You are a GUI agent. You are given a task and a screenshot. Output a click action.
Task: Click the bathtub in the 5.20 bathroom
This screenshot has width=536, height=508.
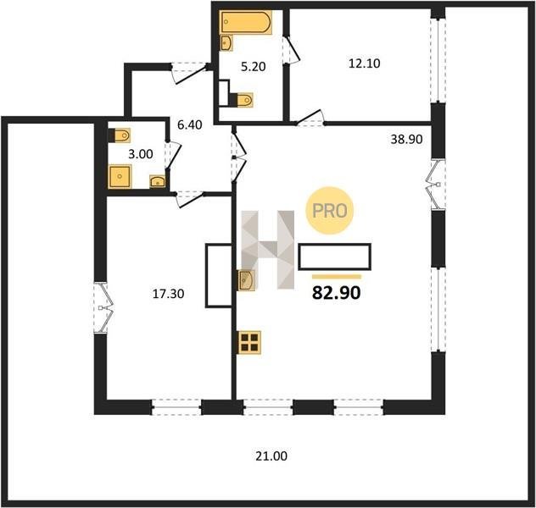pyautogui.click(x=246, y=22)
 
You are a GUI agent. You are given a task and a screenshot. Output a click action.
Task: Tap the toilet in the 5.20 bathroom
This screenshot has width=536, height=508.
pyautogui.click(x=243, y=100)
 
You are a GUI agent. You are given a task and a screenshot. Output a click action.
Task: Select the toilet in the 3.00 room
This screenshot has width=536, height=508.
pyautogui.click(x=120, y=135)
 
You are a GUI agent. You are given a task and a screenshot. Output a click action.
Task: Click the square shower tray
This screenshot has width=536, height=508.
pyautogui.click(x=120, y=176)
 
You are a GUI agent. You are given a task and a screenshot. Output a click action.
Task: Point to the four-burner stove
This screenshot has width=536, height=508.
pyautogui.click(x=249, y=343)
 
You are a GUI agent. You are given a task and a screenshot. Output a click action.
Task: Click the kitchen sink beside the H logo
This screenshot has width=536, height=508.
pyautogui.click(x=247, y=280)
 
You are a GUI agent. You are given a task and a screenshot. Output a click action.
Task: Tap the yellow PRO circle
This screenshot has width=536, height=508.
pyautogui.click(x=330, y=211)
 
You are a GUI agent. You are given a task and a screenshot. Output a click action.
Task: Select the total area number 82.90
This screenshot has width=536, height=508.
pyautogui.click(x=337, y=293)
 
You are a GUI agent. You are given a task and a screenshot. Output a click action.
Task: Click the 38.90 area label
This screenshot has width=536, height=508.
pyautogui.click(x=406, y=139)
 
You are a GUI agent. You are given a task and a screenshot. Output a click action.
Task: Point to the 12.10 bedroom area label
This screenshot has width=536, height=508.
pyautogui.click(x=365, y=63)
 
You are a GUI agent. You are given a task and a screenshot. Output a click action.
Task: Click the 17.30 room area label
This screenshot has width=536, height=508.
pyautogui.click(x=168, y=294)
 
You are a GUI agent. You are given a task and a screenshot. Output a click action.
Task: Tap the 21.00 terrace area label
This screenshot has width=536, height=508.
pyautogui.click(x=271, y=456)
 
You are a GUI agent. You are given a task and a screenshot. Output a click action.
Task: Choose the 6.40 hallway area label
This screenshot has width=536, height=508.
pyautogui.click(x=190, y=124)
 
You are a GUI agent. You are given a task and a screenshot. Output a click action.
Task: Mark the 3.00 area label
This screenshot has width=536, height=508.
pyautogui.click(x=141, y=154)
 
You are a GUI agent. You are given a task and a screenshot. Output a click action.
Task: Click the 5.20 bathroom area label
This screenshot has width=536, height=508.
pyautogui.click(x=254, y=67)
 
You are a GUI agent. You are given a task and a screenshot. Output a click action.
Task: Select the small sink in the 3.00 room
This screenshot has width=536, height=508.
pyautogui.click(x=158, y=181)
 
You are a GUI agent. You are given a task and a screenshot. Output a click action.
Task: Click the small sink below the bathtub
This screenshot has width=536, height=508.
pyautogui.click(x=226, y=42)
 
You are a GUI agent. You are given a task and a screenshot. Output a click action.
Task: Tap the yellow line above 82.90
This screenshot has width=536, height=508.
pyautogui.click(x=337, y=277)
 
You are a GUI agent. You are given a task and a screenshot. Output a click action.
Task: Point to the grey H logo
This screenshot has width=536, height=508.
pyautogui.click(x=268, y=250)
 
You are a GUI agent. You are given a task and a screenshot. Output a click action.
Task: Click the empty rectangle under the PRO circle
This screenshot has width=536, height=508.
pyautogui.click(x=335, y=257)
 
